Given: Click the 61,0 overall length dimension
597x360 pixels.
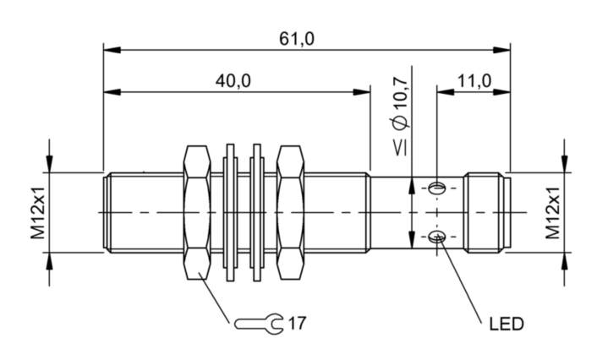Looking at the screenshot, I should point(296,38).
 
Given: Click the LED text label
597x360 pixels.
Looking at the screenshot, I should point(507,324).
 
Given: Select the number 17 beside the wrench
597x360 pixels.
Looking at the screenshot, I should point(296,322).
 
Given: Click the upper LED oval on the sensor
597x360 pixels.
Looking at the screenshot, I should point(437,187).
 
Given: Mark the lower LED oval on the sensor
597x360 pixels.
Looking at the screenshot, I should point(437,237).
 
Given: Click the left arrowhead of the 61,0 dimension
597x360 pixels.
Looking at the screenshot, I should point(109,50).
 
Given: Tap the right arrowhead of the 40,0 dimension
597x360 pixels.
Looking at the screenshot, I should point(364,91).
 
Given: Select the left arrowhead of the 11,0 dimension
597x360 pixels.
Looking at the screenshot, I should point(442,91).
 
